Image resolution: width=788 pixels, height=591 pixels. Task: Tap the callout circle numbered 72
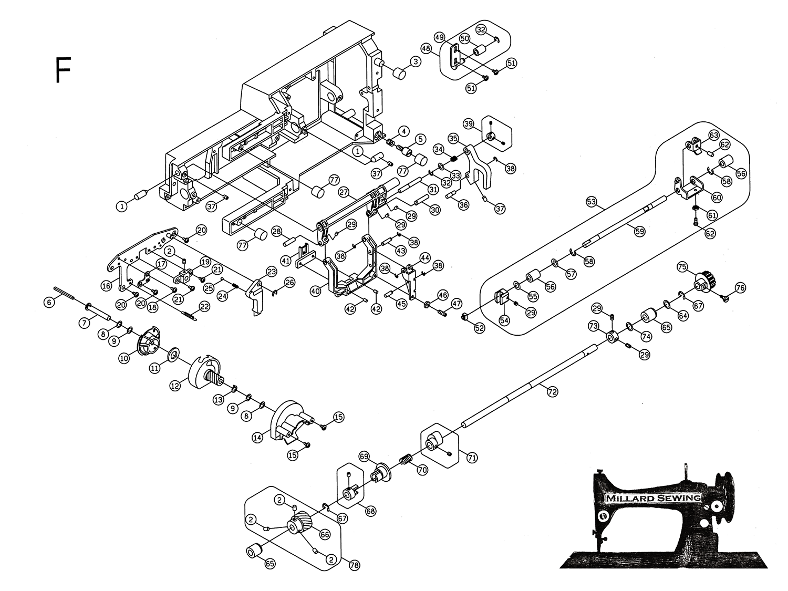tap(551, 391)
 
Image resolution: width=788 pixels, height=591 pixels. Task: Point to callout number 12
tap(175, 385)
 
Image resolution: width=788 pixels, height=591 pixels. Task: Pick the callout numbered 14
tap(257, 436)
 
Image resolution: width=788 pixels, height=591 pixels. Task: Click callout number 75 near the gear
tap(682, 267)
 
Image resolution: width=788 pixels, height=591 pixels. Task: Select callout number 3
tap(415, 62)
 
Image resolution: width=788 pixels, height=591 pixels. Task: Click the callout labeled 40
tap(315, 289)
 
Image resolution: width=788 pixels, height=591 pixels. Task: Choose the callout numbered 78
tap(354, 565)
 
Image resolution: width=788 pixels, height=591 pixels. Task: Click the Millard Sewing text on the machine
tap(653, 498)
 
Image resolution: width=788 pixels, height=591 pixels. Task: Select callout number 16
tap(107, 285)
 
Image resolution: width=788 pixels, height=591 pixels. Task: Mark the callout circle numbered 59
tap(639, 231)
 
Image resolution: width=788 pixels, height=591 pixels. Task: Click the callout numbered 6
tap(49, 303)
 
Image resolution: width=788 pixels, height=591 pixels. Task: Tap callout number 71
tap(471, 458)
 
